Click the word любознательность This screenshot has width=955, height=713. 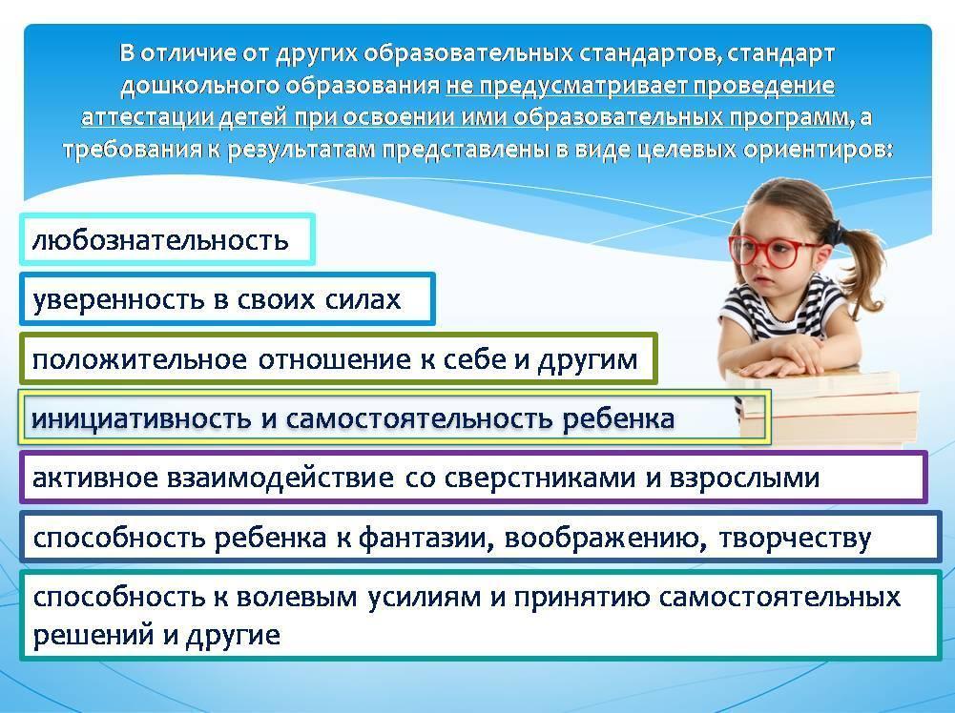point(160,240)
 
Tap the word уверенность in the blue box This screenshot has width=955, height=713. point(118,300)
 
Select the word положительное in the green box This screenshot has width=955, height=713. point(139,359)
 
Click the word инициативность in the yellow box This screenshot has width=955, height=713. point(141,418)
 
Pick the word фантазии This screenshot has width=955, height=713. point(426,538)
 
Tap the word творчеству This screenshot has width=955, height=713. point(794,539)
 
